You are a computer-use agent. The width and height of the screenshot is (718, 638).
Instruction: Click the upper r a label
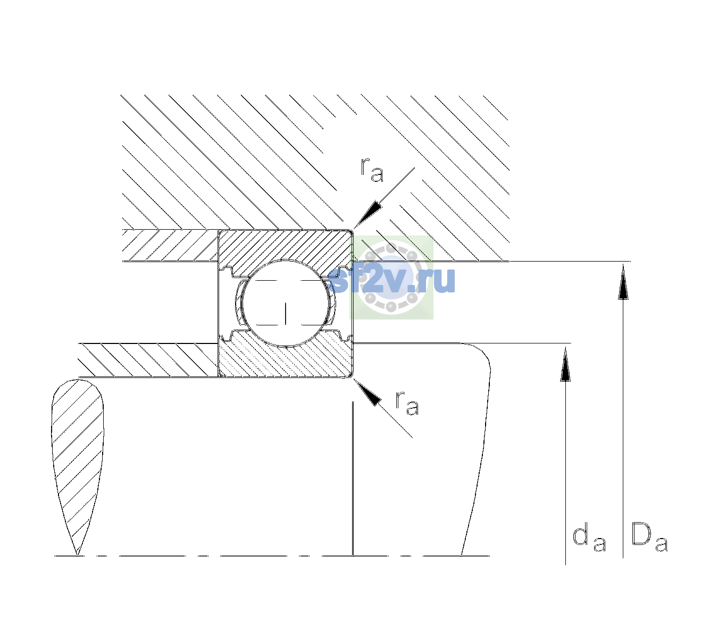pyautogui.click(x=372, y=170)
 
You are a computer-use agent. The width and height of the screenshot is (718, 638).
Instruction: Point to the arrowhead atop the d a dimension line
pyautogui.click(x=565, y=364)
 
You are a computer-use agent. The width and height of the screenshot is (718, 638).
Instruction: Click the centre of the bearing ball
pyautogui.click(x=286, y=303)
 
